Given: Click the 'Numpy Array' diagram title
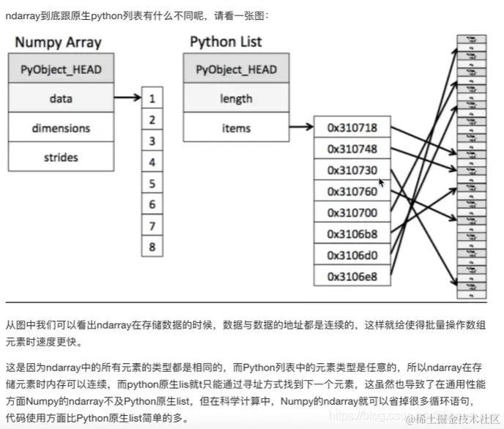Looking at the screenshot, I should [x=58, y=42].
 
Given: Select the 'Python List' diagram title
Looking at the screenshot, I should [x=226, y=41].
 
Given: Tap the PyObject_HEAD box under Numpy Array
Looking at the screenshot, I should [x=61, y=70].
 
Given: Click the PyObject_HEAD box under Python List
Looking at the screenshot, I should [x=236, y=70].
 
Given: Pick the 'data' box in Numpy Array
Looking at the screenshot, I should [x=61, y=99].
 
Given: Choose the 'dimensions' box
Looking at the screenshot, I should [x=61, y=128].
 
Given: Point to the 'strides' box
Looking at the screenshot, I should [x=61, y=157].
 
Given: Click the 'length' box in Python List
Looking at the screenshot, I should [x=236, y=99].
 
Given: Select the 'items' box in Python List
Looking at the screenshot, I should [x=236, y=128].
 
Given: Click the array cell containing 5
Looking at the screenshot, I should [x=152, y=184].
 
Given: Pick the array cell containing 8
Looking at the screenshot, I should [x=152, y=247].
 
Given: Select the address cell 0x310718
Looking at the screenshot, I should [x=352, y=128].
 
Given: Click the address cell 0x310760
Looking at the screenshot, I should [x=352, y=192].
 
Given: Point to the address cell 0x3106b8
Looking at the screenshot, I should [x=352, y=234].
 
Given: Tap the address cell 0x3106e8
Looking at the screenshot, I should [x=352, y=276].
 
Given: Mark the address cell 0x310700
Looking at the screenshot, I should [x=352, y=213].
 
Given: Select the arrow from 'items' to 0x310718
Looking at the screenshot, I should [x=300, y=128].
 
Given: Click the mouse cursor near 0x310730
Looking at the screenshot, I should [x=382, y=182].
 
